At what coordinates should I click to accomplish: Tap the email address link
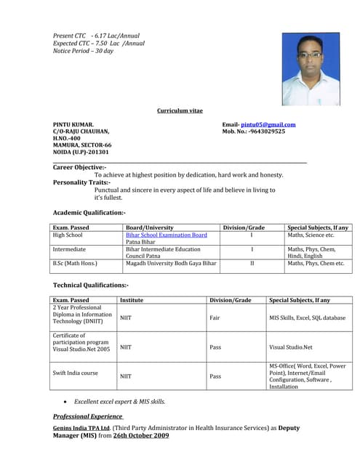268,124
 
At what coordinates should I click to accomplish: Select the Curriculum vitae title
180,110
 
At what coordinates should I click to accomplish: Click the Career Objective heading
79,167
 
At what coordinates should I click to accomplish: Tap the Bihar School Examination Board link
167,235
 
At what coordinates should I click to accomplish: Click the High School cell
68,235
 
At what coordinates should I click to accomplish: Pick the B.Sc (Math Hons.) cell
75,263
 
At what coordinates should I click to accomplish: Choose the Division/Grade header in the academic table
244,227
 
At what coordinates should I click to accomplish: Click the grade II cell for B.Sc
252,263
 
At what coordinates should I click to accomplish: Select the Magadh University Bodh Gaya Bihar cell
171,263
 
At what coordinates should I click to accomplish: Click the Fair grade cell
215,318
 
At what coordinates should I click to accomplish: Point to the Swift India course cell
75,373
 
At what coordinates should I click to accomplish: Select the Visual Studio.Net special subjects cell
291,347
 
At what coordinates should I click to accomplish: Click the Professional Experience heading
87,416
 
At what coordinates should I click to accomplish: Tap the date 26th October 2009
141,435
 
